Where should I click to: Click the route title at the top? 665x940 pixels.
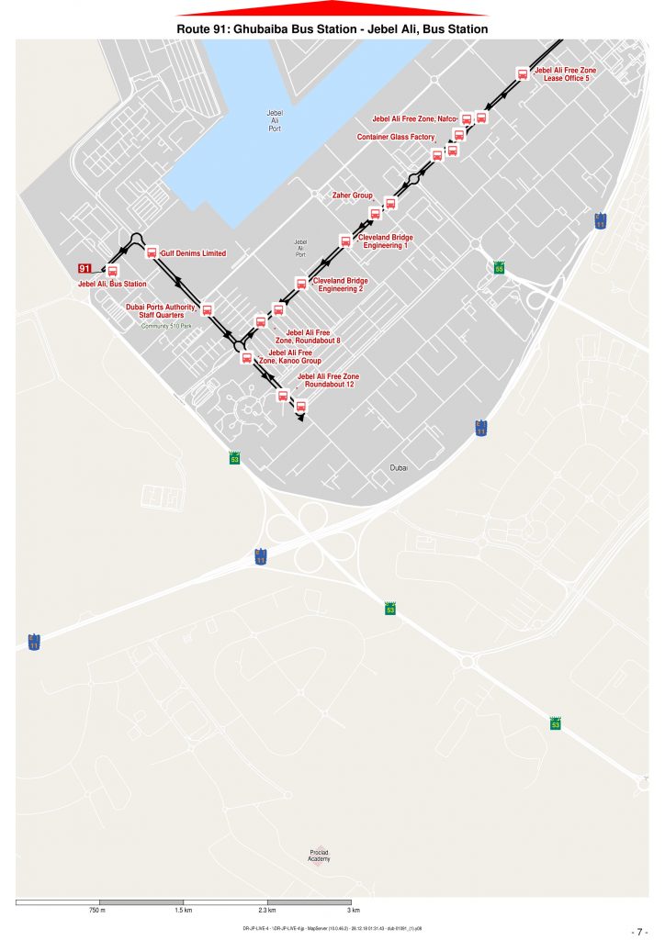tap(332, 29)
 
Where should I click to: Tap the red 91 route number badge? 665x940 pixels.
tap(85, 268)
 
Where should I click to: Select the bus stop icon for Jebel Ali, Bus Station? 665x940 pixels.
tap(113, 272)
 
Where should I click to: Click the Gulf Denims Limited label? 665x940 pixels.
tap(193, 253)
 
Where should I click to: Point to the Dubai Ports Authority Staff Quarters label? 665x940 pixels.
tap(162, 311)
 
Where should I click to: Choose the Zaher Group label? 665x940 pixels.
tap(352, 196)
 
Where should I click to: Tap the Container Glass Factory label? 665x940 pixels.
tap(396, 137)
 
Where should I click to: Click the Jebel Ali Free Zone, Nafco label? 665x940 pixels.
tap(413, 119)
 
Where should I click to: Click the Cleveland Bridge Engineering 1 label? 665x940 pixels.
tap(386, 241)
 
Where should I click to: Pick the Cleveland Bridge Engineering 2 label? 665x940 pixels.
tap(341, 285)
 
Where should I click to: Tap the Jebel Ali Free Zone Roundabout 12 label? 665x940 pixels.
tap(329, 381)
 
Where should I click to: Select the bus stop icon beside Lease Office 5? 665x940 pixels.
tap(523, 74)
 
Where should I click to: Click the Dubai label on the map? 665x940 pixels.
tap(399, 468)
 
